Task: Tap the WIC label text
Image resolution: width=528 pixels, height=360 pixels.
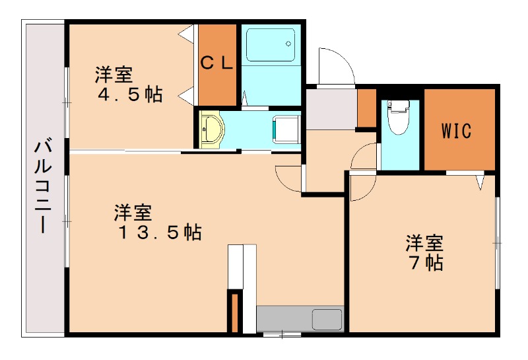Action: (457, 130)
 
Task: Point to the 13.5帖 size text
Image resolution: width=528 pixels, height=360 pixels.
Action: (159, 232)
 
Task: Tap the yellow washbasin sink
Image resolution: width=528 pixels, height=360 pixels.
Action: (211, 127)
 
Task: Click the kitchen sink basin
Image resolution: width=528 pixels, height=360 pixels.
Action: (327, 319)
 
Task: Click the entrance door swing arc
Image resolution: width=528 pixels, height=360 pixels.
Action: (333, 66)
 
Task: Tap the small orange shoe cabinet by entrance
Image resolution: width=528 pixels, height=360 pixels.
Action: (366, 108)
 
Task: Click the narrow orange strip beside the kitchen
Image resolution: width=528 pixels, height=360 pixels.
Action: (233, 312)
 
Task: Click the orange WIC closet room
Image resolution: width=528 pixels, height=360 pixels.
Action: (459, 129)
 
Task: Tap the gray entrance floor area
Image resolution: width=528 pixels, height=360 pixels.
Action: (331, 108)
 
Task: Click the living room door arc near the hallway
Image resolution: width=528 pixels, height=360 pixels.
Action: (288, 176)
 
